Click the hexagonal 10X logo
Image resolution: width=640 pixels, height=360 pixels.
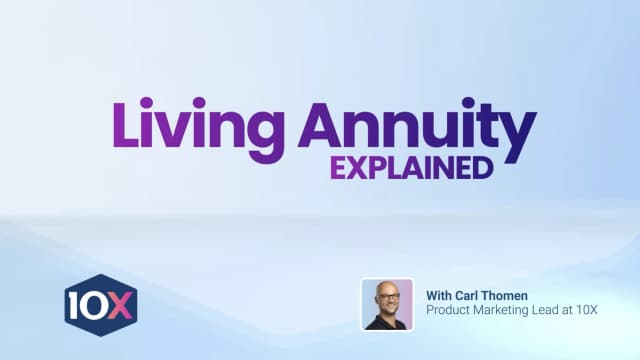(100, 305)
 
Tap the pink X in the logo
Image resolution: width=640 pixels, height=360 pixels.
(119, 305)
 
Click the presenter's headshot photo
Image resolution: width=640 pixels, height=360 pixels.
(387, 304)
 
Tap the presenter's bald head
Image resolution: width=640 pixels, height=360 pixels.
(386, 288)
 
